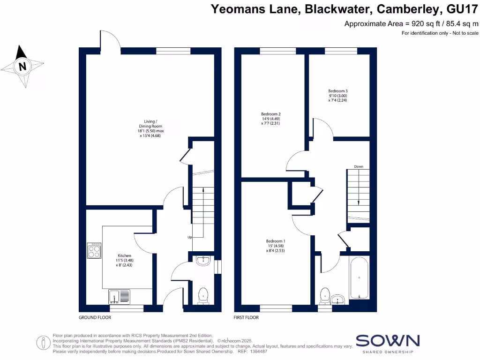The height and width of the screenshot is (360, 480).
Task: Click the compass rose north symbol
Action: [22, 66]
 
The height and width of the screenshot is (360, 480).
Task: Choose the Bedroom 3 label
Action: [337, 95]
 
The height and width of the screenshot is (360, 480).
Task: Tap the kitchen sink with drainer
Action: [120, 297]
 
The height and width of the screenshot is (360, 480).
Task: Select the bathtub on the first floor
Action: [359, 277]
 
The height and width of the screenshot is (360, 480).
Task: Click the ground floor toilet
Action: [203, 295]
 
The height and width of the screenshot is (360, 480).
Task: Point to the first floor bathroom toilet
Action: [324, 295]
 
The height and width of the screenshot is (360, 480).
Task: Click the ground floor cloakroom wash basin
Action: [203, 261]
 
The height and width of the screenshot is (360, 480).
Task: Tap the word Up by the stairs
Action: [190, 237]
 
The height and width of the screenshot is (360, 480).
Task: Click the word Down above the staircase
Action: [359, 166]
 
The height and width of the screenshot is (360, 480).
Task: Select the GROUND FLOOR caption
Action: [95, 317]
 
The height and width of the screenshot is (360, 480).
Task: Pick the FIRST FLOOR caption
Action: [246, 317]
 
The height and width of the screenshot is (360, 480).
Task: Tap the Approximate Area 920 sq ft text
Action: [412, 23]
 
